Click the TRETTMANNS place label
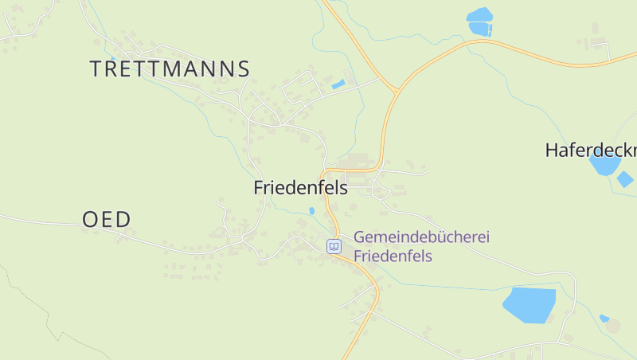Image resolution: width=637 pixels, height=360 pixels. (x=170, y=68)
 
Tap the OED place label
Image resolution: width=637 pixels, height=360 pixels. (x=107, y=220)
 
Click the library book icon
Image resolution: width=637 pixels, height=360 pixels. (x=334, y=246)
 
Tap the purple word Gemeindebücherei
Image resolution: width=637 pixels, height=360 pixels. (x=421, y=237)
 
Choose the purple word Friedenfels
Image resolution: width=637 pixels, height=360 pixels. (x=393, y=256)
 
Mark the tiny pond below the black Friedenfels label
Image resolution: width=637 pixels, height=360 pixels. (x=311, y=211)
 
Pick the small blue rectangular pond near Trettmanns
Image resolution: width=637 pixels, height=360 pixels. (x=338, y=84)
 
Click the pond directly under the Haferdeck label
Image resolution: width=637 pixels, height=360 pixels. (x=604, y=165)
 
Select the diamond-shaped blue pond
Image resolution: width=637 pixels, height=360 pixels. (x=625, y=179)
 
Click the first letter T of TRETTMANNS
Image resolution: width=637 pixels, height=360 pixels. (x=96, y=68)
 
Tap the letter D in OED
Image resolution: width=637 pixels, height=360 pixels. (x=123, y=220)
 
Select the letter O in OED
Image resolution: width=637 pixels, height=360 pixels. (x=90, y=220)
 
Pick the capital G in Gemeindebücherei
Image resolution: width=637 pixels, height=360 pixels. (x=360, y=237)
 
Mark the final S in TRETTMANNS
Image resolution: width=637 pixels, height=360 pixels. (x=244, y=68)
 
